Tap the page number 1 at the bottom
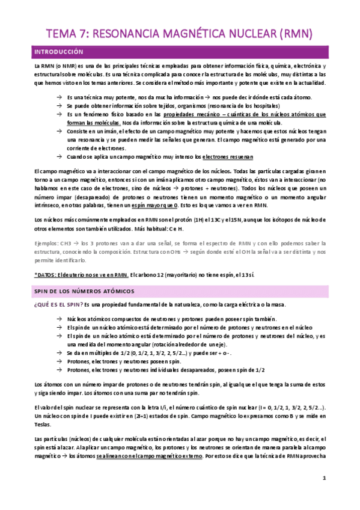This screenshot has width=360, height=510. tap(324, 479)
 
